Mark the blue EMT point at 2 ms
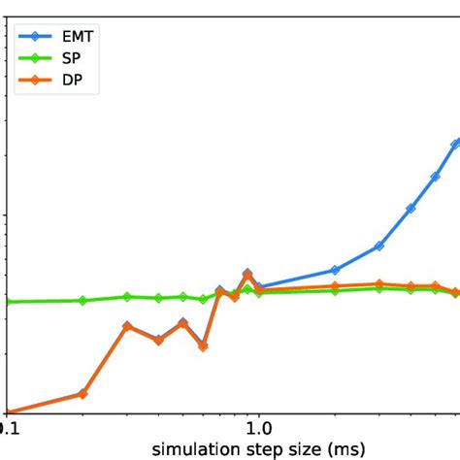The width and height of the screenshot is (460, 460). tap(335, 270)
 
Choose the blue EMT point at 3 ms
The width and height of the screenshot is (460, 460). tap(379, 246)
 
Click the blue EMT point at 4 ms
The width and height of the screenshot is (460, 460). tap(411, 209)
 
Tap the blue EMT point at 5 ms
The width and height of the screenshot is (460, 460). tap(436, 177)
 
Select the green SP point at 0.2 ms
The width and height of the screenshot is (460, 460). tap(82, 300)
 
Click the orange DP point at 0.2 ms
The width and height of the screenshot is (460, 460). tap(82, 394)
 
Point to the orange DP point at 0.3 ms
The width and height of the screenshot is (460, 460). tap(127, 327)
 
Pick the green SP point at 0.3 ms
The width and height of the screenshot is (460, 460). tap(127, 296)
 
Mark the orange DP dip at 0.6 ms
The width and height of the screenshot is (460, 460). tap(203, 345)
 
